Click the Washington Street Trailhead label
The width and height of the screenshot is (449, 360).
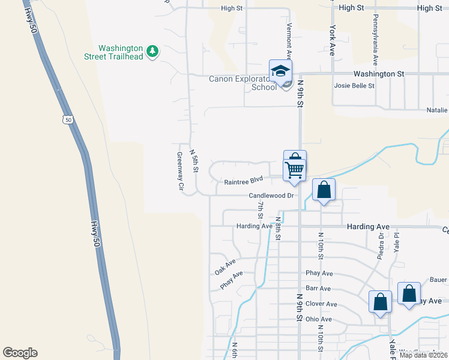tap(121, 52)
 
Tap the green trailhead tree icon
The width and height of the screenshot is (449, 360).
tap(153, 51)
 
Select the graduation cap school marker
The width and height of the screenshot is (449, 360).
tap(279, 72)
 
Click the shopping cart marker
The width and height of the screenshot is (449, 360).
tap(295, 166)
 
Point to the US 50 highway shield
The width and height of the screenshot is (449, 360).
tap(68, 119)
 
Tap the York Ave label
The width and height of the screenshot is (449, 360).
tap(331, 40)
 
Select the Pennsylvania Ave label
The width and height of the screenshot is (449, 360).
tap(375, 40)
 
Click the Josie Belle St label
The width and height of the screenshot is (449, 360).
tap(354, 86)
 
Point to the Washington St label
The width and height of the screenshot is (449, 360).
tap(378, 74)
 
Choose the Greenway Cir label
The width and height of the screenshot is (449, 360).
tap(179, 171)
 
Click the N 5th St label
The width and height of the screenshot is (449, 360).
tap(194, 161)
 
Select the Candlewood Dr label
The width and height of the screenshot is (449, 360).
tap(271, 196)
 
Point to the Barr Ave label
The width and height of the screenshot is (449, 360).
tap(315, 288)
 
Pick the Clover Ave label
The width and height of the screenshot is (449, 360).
tap(321, 304)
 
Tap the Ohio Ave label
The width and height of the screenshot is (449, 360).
tap(318, 319)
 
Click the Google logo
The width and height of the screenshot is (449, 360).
tap(20, 353)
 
